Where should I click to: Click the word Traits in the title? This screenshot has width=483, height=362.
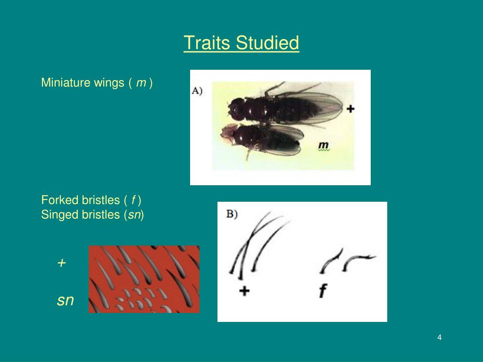208,43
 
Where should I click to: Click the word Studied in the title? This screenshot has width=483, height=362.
267,43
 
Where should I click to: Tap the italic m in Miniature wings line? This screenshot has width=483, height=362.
141,83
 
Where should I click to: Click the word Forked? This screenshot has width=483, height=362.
59,200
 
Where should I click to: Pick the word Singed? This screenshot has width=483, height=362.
59,215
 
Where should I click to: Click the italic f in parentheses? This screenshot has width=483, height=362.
133,200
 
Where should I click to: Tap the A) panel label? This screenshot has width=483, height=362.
197,91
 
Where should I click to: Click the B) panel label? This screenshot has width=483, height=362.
232,214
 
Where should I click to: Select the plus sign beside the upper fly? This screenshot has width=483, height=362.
350,109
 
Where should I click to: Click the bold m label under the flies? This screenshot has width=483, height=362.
324,145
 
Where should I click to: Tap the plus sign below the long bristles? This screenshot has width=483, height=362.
244,291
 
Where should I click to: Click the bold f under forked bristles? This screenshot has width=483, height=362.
323,291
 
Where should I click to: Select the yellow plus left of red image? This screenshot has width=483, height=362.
61,263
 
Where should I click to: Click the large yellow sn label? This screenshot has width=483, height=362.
66,300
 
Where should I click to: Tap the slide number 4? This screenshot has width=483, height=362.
440,337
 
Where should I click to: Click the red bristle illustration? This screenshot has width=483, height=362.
144,279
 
